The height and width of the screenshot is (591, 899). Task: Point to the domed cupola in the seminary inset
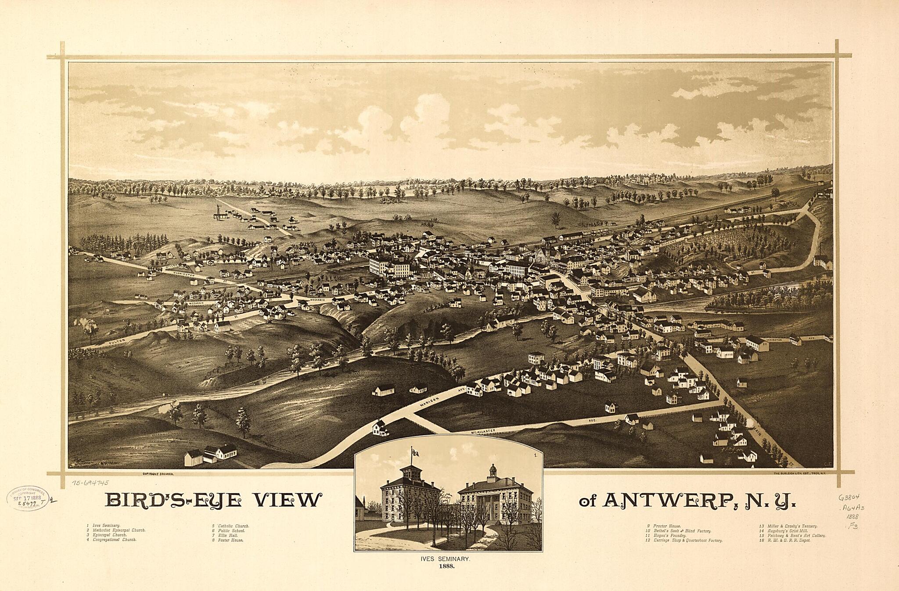click(x=493, y=471)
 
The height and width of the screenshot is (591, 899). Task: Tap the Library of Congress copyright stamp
click(x=27, y=498)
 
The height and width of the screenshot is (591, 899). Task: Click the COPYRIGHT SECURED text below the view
click(x=158, y=474)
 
